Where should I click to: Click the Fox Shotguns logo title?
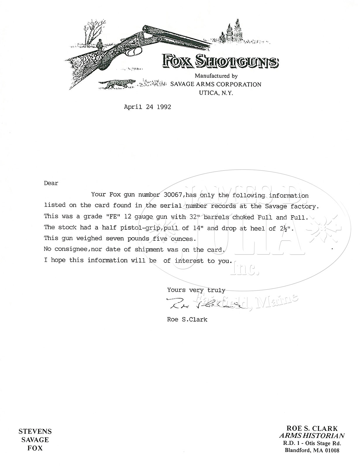tap(221, 61)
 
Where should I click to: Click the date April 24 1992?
tap(147, 107)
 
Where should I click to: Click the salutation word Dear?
tap(51, 183)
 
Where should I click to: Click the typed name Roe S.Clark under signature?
tap(187, 319)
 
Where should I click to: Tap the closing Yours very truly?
tap(196, 290)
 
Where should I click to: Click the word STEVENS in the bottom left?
tap(35, 431)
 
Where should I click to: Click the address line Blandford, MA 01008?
tap(312, 450)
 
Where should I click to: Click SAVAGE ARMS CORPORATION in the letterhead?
tap(216, 85)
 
